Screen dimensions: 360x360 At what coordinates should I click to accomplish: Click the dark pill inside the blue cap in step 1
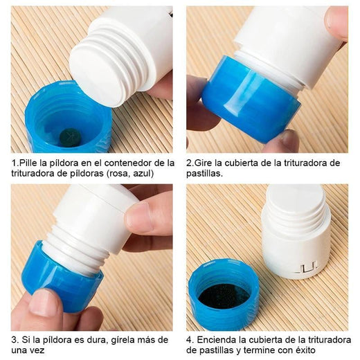69,136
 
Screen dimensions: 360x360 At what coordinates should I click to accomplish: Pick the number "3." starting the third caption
15,340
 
